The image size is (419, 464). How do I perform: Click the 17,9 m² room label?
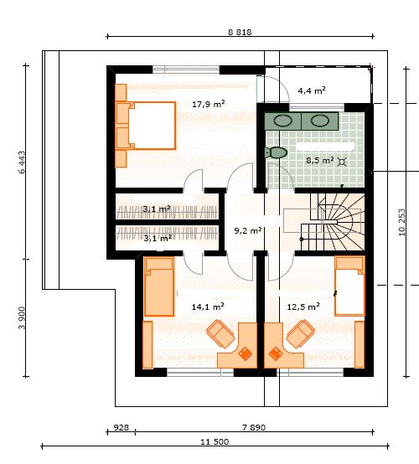pos(208,104)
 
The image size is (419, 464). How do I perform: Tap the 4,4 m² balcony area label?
pos(312,90)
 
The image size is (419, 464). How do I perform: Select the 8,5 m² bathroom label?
pos(320,160)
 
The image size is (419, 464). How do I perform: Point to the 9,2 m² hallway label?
pos(248,230)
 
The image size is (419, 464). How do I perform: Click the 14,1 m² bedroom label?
pos(208,307)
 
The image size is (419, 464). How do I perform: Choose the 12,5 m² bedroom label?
pos(303,307)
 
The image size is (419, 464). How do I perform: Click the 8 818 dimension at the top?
pos(240,32)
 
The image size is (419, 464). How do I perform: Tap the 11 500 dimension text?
pos(215,442)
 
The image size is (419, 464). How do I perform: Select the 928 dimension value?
pos(122,427)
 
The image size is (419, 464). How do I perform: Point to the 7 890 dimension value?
pos(254,427)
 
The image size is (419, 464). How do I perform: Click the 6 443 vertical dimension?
pos(23,162)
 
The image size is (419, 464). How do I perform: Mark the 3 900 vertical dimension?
pos(23,317)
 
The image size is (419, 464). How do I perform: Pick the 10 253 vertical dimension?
pos(402,222)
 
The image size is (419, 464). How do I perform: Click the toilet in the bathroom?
pos(276,152)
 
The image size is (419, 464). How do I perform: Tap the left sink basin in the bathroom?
pos(282,121)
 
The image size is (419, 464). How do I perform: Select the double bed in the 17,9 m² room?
pos(145,126)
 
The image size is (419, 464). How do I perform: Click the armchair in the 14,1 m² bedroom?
pos(221,333)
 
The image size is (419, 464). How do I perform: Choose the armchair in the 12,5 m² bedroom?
pos(300,333)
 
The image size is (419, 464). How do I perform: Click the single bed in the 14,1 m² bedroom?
pos(159,286)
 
